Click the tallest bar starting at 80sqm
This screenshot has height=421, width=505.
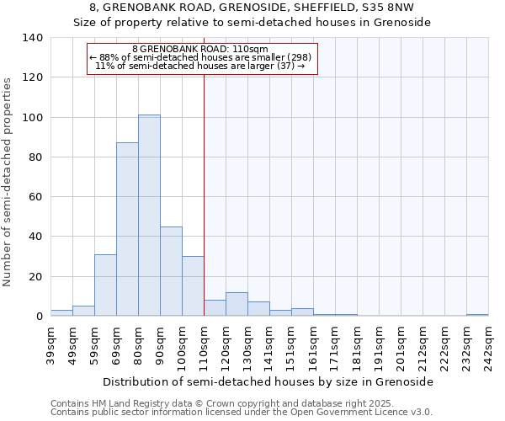pos(149,216)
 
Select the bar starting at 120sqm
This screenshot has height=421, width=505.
pos(237,304)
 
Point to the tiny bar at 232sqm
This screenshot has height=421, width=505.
pos(477,315)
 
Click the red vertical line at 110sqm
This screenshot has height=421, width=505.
pos(204,194)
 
